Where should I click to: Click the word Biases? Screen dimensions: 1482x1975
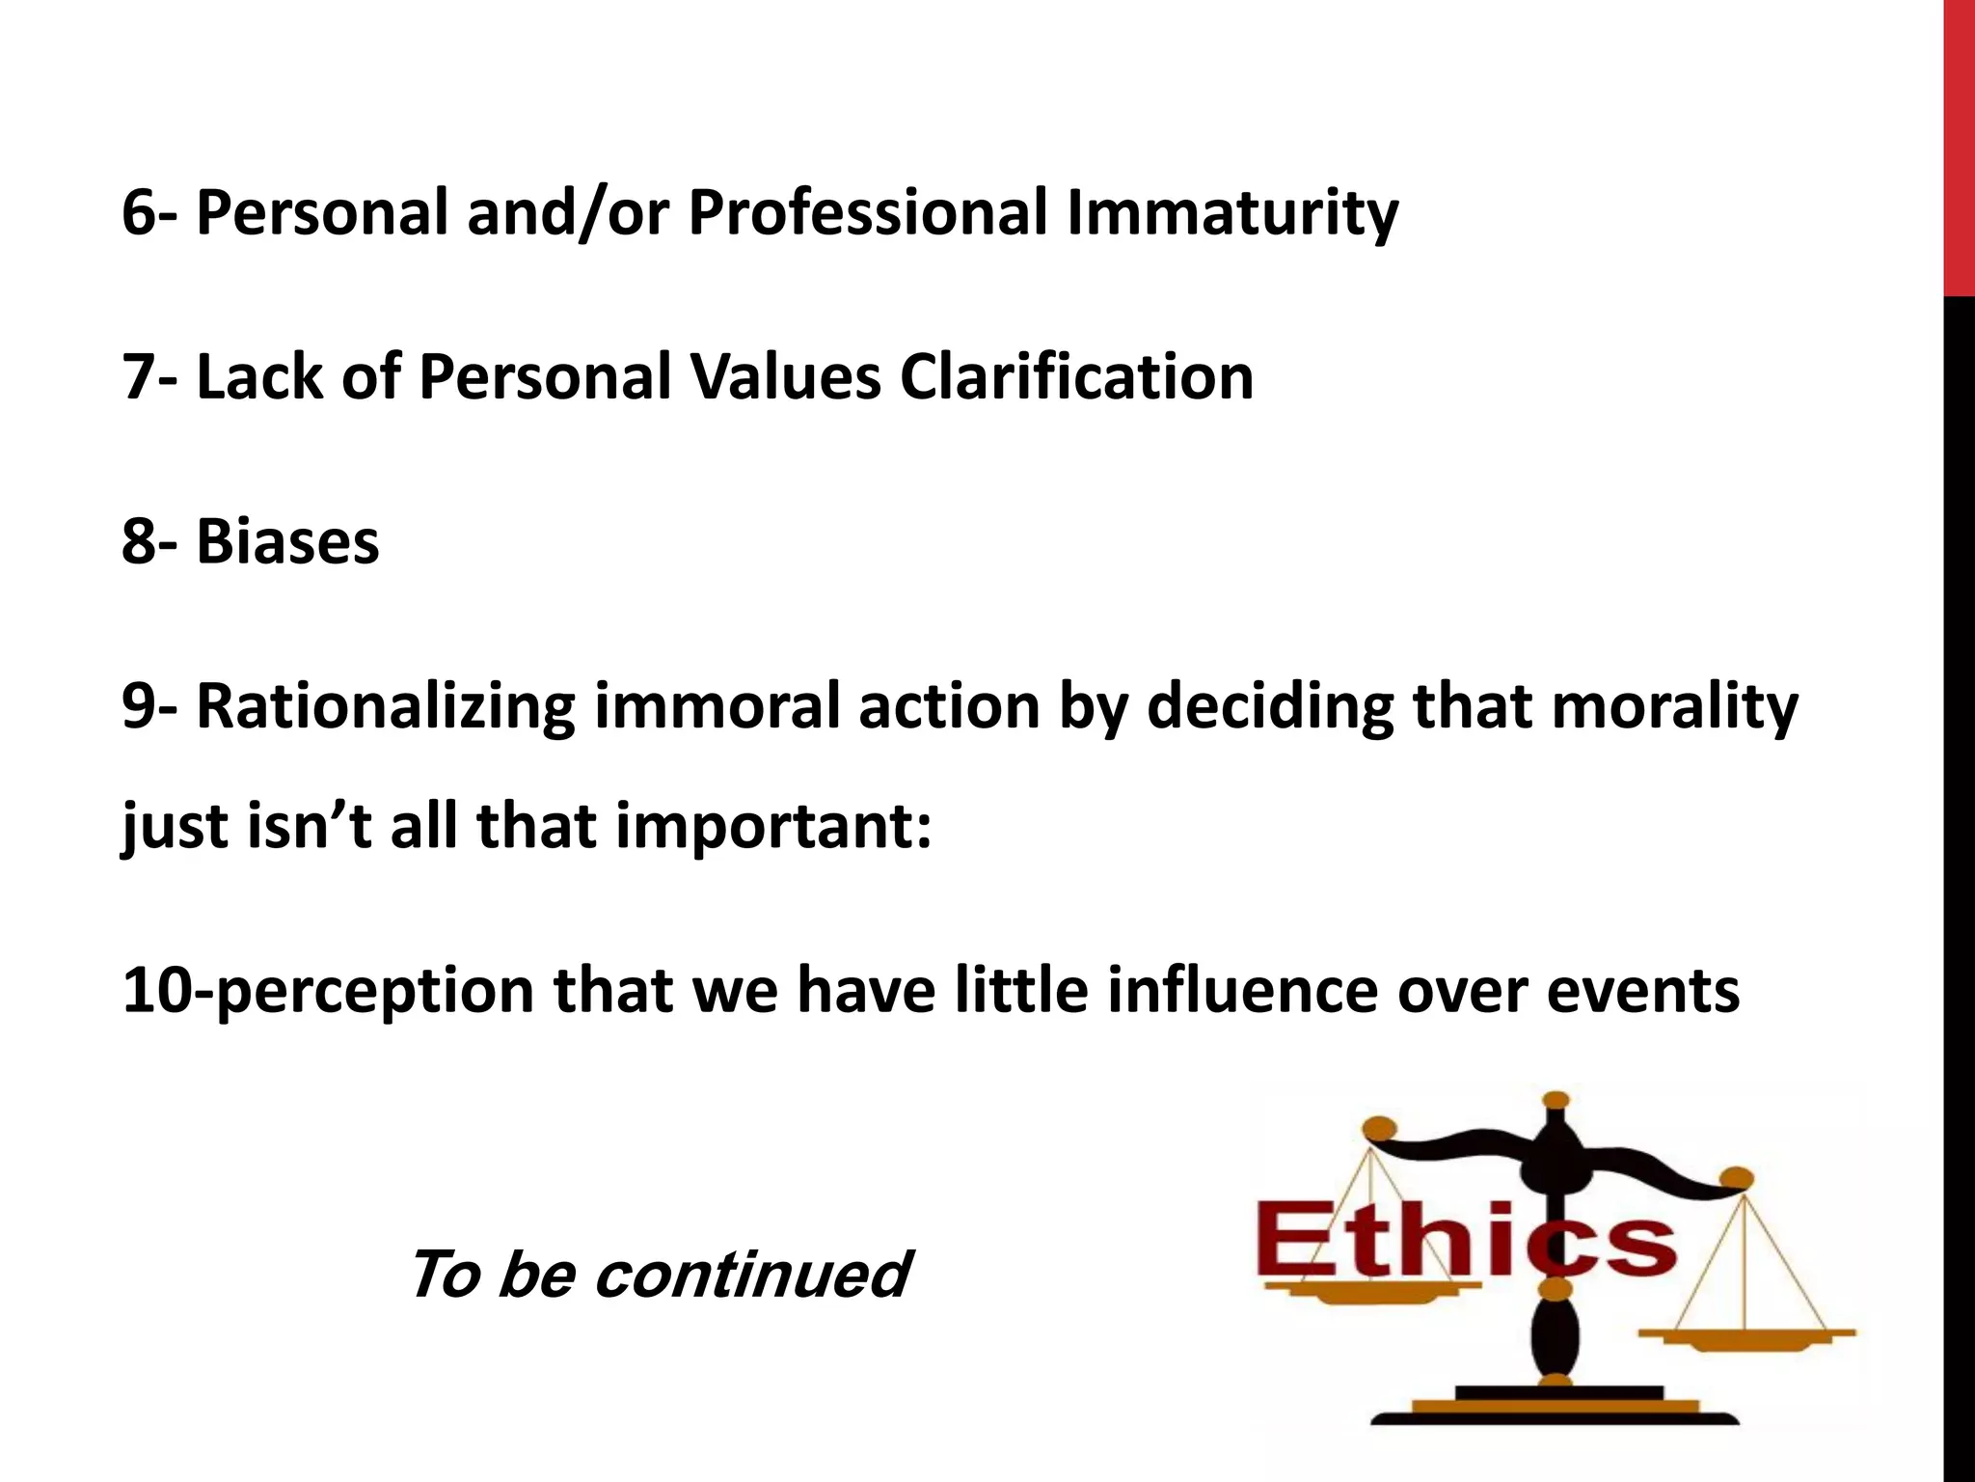287,541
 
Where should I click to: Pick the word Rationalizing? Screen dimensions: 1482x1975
386,707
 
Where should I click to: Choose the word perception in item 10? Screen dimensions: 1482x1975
370,991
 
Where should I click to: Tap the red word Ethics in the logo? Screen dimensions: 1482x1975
1466,1245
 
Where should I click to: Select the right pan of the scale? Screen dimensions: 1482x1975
1745,1336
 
